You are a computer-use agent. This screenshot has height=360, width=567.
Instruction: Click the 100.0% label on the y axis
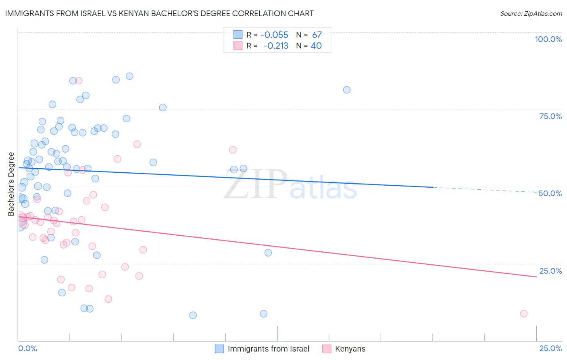548,39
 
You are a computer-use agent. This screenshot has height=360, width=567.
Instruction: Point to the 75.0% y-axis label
550,116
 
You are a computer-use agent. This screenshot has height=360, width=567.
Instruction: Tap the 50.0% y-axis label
550,193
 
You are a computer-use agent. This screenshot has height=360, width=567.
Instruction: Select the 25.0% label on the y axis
550,271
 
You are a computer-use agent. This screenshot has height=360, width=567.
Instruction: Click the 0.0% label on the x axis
27,348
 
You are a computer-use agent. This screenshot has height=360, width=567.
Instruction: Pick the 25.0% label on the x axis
550,348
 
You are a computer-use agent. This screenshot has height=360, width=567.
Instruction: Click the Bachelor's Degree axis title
11,184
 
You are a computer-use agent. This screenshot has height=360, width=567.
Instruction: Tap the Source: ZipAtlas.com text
531,14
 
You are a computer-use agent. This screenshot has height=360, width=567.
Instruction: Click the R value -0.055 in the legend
274,35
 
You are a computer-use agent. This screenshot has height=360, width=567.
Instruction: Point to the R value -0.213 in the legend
276,46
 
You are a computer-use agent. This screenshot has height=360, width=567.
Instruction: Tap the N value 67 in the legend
317,35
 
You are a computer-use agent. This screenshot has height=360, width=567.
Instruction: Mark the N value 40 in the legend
316,46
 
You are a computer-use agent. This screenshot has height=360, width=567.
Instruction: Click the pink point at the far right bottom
523,314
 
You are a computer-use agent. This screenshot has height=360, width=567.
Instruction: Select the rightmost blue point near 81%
347,90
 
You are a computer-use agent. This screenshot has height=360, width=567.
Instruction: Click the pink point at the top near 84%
79,81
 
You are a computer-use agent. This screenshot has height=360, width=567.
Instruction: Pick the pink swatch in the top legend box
238,46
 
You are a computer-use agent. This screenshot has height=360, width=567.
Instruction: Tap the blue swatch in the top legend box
238,35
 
